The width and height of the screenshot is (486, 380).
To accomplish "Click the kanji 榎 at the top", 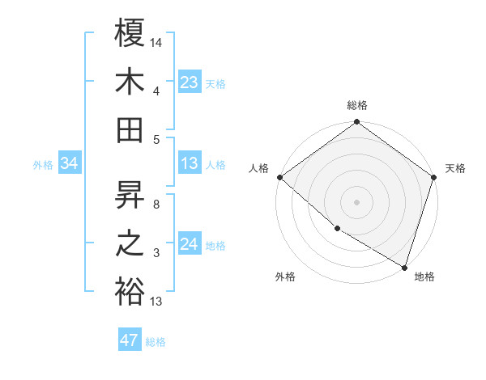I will [130, 34].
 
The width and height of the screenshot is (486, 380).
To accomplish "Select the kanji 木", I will [130, 82].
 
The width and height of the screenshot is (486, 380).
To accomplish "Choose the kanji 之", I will [130, 243].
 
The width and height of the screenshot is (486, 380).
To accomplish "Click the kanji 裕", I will [130, 291].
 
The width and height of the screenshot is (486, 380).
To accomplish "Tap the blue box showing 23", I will [189, 82].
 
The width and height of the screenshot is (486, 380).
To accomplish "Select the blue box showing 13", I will [189, 163].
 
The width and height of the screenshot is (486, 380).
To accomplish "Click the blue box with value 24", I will [189, 244].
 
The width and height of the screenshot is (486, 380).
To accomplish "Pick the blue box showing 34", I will [69, 163].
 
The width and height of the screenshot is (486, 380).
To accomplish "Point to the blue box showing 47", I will [130, 340].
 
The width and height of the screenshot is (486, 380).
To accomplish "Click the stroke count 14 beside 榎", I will [156, 42].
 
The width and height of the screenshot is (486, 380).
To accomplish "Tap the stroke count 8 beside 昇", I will [156, 205].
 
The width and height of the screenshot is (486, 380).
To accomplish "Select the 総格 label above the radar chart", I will [357, 105].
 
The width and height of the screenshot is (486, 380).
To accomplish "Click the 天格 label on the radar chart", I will [455, 168].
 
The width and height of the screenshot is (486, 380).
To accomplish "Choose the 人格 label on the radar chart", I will [259, 168].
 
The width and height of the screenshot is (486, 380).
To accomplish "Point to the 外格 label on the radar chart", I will [285, 277].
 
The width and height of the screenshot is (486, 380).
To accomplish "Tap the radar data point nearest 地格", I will [404, 266].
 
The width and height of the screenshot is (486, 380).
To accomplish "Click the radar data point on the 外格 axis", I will [337, 229].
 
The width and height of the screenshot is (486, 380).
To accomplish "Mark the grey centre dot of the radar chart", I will [357, 201].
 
